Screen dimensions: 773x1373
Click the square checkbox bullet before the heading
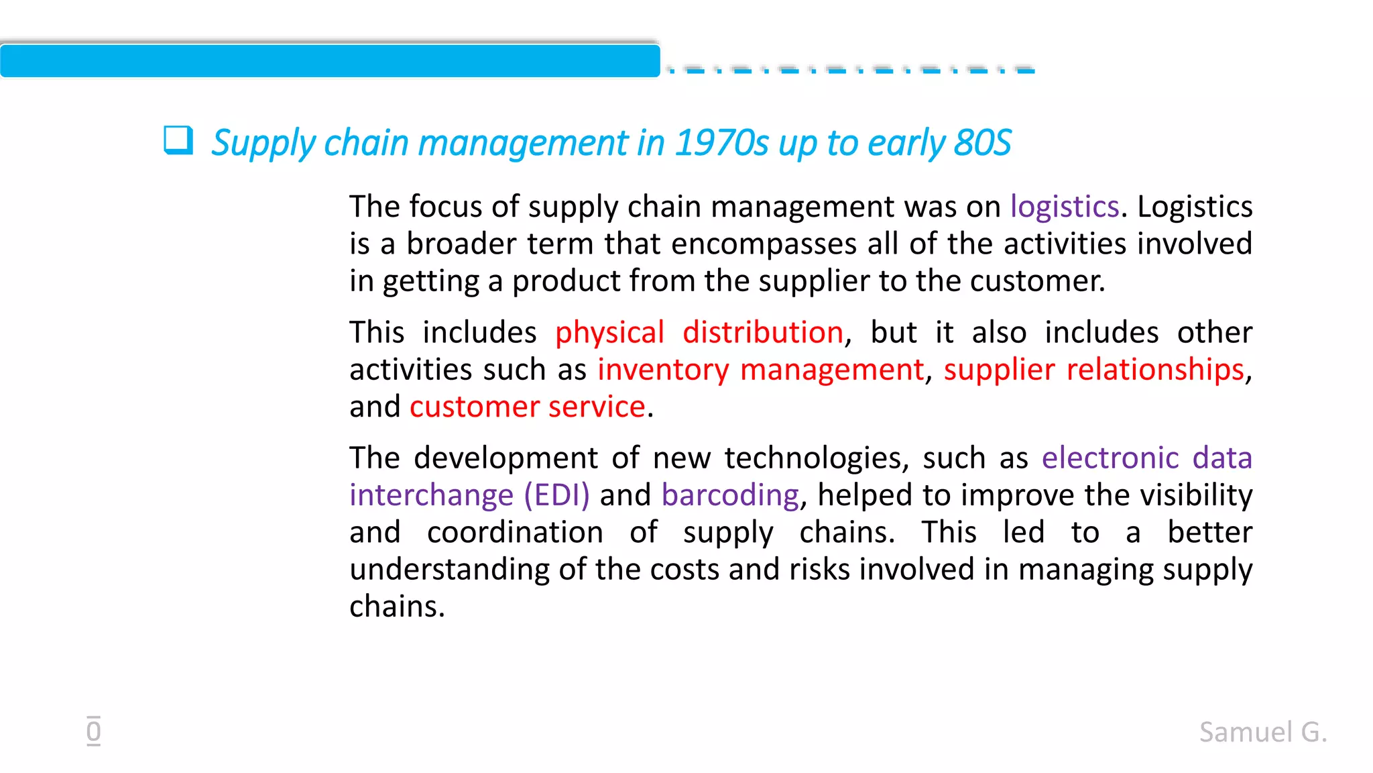tap(178, 141)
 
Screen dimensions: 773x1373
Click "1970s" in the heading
tap(721, 143)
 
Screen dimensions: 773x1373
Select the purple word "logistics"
tap(1065, 207)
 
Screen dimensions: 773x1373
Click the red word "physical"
tap(609, 333)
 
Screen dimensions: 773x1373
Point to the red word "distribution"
tap(763, 333)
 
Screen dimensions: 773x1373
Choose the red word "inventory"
tap(663, 370)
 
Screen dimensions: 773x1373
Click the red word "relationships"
tap(1155, 370)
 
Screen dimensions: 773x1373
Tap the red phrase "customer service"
tap(528, 407)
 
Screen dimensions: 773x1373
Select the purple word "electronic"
tap(1110, 458)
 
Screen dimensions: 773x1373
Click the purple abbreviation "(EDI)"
tap(556, 495)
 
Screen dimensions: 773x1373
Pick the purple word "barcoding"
tap(730, 495)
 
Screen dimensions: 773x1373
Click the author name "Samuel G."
tap(1263, 732)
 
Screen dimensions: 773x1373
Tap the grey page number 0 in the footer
tap(94, 731)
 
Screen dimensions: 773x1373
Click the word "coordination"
tap(515, 533)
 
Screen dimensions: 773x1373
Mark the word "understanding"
tap(450, 570)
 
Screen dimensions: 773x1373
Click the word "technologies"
tap(817, 458)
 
